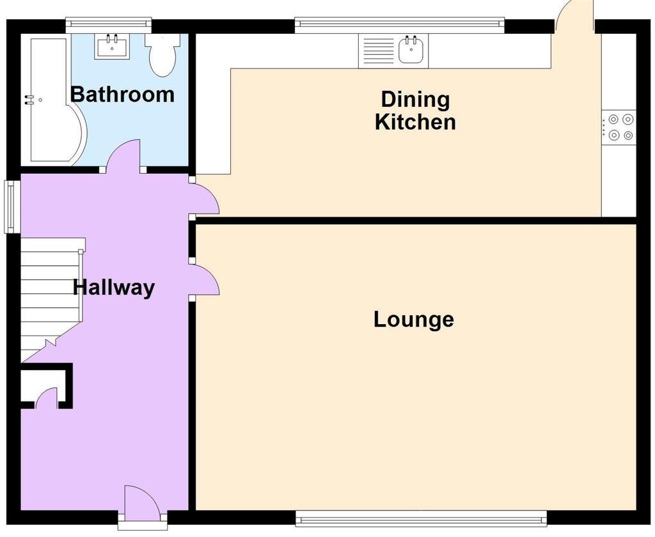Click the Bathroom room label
point(122,95)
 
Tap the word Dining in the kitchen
point(415,100)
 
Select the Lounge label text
point(414,318)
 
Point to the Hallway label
point(114,288)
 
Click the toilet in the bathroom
point(159,54)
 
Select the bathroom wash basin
point(112,46)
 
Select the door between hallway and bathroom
point(123,157)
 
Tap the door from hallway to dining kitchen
point(206,198)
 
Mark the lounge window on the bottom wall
point(421,517)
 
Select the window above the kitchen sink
point(399,24)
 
